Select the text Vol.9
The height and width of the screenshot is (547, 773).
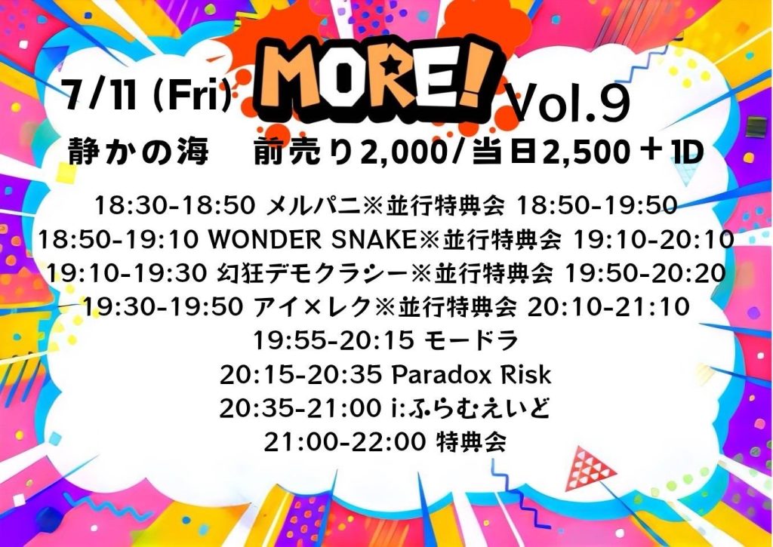tap(569, 103)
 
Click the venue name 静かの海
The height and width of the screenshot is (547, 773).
tap(138, 151)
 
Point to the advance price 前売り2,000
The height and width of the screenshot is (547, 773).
tap(350, 152)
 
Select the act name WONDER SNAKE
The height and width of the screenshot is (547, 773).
tap(313, 239)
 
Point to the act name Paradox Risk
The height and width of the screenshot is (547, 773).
tap(471, 375)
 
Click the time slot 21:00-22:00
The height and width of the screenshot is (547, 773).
tap(344, 442)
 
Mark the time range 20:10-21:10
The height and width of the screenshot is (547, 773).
tap(608, 307)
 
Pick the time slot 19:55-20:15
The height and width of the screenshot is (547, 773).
tap(334, 340)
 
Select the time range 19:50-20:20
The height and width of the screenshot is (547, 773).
tap(645, 273)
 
